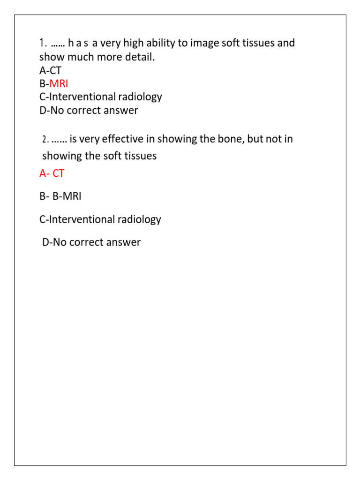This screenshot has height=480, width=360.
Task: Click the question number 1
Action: [43, 43]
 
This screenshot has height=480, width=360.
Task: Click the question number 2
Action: [45, 140]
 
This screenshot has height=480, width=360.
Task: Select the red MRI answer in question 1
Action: [59, 84]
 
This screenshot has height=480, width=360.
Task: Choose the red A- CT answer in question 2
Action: [52, 173]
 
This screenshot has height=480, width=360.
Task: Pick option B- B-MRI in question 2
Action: [60, 196]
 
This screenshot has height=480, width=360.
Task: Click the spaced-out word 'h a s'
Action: [78, 44]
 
